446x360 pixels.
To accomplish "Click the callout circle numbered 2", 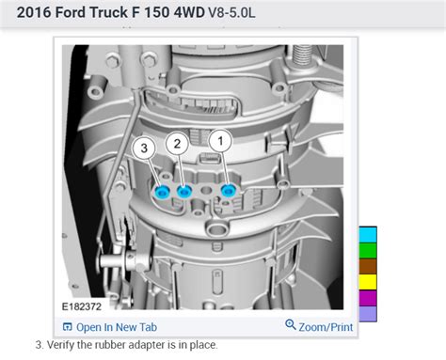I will (x=175, y=143).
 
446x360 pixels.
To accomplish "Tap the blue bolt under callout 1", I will (x=227, y=191).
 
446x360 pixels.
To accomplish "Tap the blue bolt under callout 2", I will (x=184, y=192).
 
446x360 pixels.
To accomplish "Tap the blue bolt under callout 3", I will (x=161, y=193).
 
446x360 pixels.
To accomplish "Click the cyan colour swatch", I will (x=367, y=234).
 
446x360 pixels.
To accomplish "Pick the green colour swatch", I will (x=367, y=250).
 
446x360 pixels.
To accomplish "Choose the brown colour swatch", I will (x=367, y=266).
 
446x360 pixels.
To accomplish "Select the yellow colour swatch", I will (x=367, y=282).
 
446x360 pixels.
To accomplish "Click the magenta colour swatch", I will (x=367, y=298).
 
